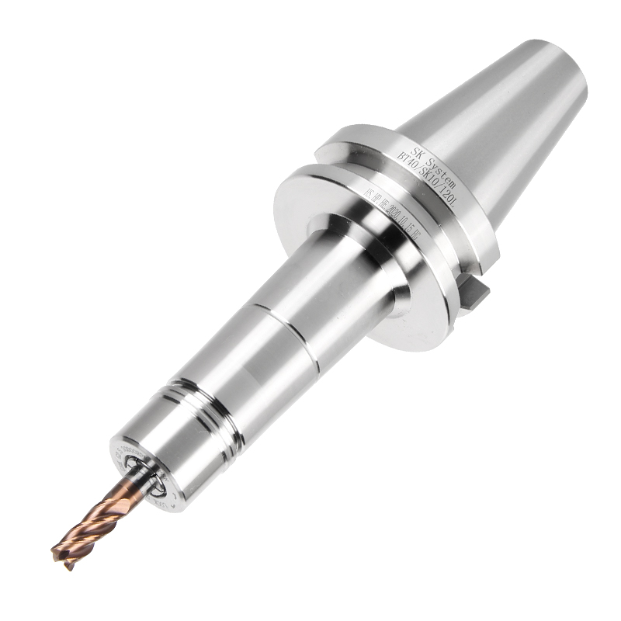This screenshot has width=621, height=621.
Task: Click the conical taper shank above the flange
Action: (x=497, y=132)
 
